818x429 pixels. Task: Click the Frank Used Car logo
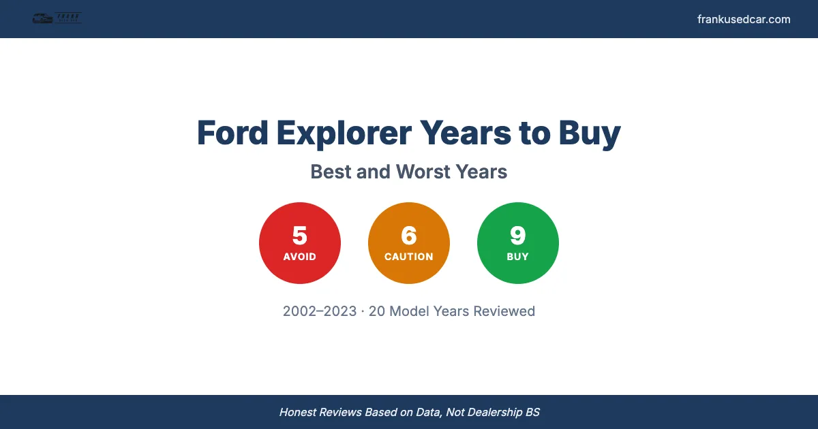[57, 18]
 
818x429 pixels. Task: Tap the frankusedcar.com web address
[744, 19]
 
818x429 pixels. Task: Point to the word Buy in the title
[590, 133]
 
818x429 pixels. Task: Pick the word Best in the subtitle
[331, 172]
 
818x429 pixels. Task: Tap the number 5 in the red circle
[300, 236]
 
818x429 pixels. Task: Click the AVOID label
[300, 257]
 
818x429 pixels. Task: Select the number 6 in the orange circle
[409, 236]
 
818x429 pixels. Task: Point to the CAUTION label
[409, 257]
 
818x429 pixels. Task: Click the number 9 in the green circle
[518, 236]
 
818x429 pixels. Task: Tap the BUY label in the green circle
[518, 257]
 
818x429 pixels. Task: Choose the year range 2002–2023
[320, 311]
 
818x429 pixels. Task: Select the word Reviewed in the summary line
[504, 311]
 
